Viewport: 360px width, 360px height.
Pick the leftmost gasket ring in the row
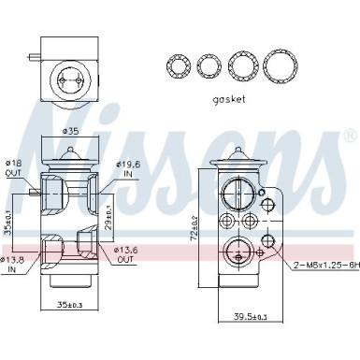(x=177, y=65)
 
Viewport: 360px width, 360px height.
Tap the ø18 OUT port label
(x=14, y=168)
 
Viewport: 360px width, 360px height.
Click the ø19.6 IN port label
(x=128, y=169)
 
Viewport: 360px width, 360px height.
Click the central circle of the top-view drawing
(x=69, y=76)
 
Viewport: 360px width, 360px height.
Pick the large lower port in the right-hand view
(x=236, y=252)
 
